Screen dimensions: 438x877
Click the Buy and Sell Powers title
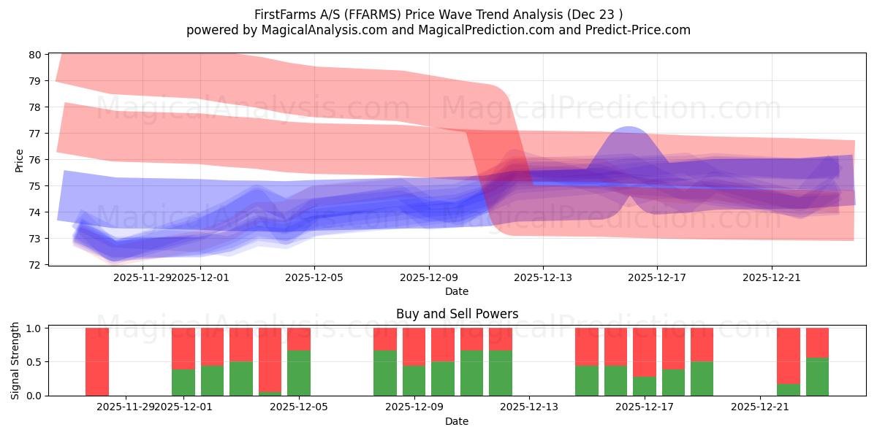[457, 314]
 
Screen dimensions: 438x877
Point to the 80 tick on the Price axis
[34, 55]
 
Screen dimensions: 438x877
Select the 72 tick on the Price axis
[34, 264]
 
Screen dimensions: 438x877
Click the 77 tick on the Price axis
[34, 134]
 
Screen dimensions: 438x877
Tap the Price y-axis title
[19, 160]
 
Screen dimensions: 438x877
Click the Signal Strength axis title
[15, 361]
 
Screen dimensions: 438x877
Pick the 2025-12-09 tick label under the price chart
[428, 277]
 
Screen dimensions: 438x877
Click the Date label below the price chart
[457, 291]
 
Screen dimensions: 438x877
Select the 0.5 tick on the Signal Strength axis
[34, 362]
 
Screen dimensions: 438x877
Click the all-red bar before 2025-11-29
[97, 361]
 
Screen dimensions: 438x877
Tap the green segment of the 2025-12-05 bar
[299, 373]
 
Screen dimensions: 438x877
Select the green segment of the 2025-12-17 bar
[645, 386]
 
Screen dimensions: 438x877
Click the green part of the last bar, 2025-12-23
[817, 377]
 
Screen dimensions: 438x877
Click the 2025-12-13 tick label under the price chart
[543, 277]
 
